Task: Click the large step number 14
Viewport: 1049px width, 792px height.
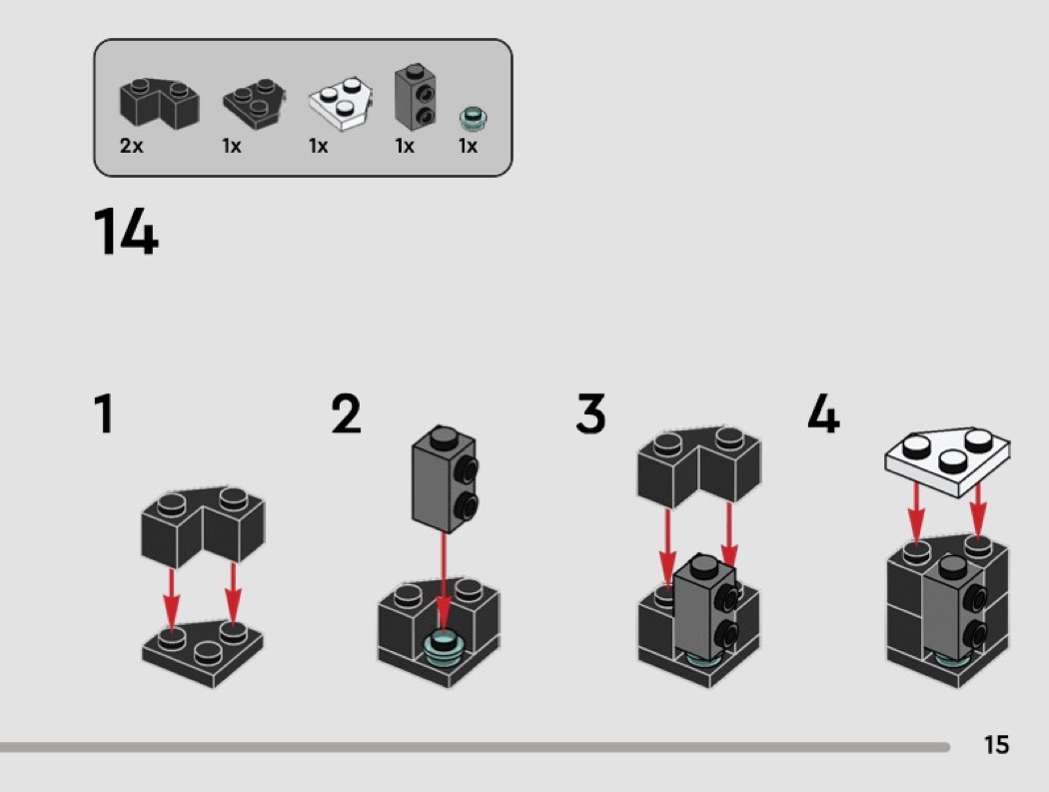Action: (x=126, y=232)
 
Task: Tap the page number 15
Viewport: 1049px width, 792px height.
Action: (x=996, y=744)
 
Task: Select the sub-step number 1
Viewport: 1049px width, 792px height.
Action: (x=104, y=413)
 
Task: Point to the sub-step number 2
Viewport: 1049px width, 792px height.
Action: (x=346, y=413)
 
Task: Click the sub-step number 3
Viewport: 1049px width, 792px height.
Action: (x=590, y=413)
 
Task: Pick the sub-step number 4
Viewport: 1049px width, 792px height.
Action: (x=823, y=413)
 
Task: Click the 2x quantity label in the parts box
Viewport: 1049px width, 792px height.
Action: (x=131, y=145)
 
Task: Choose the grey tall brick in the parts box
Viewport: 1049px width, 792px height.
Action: (x=416, y=96)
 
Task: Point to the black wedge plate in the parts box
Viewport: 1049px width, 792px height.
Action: (x=254, y=104)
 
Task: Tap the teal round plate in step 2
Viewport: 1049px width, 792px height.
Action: (x=443, y=647)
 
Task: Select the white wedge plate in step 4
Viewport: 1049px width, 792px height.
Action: (x=947, y=461)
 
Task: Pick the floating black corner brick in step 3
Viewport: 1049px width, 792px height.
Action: (x=698, y=465)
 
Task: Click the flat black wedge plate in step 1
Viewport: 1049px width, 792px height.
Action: (x=203, y=652)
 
